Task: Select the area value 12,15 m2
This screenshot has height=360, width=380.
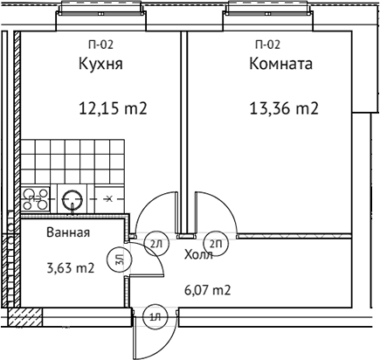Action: click(x=112, y=110)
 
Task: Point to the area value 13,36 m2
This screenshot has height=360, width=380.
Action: click(x=283, y=110)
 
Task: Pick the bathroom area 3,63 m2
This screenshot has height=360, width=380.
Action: click(x=70, y=268)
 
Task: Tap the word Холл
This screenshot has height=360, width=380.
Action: click(x=198, y=255)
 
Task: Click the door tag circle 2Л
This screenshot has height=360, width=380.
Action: click(x=156, y=243)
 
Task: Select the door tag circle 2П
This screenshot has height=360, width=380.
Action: click(x=213, y=243)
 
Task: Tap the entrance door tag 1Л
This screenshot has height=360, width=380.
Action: click(x=154, y=316)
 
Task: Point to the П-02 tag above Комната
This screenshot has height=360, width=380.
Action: click(x=267, y=44)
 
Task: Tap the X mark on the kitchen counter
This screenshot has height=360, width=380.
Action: click(x=107, y=199)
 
